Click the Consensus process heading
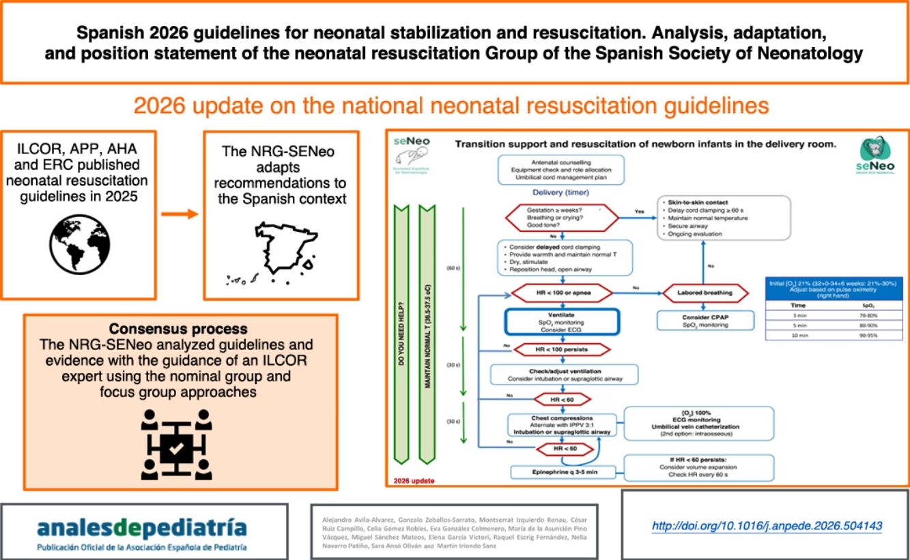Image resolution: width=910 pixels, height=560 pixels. [180, 329]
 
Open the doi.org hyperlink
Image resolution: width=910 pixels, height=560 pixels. [767, 526]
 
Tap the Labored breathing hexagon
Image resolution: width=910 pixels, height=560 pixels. [705, 293]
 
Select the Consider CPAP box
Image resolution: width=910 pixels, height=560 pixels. [705, 321]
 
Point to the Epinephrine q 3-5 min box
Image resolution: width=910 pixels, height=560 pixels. [565, 471]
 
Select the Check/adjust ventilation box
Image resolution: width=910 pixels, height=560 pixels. [564, 374]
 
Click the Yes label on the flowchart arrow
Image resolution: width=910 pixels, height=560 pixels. [639, 211]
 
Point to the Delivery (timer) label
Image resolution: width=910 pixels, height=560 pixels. [561, 192]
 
